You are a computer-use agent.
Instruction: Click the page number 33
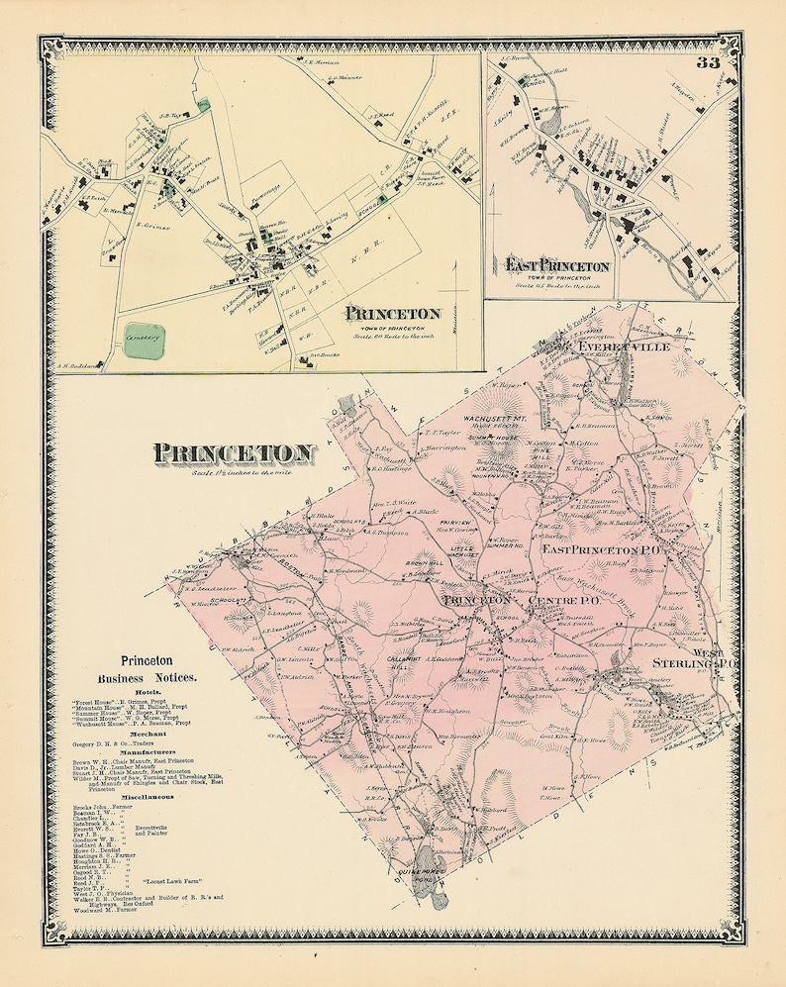point(707,64)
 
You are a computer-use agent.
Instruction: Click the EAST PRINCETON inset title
point(556,265)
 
